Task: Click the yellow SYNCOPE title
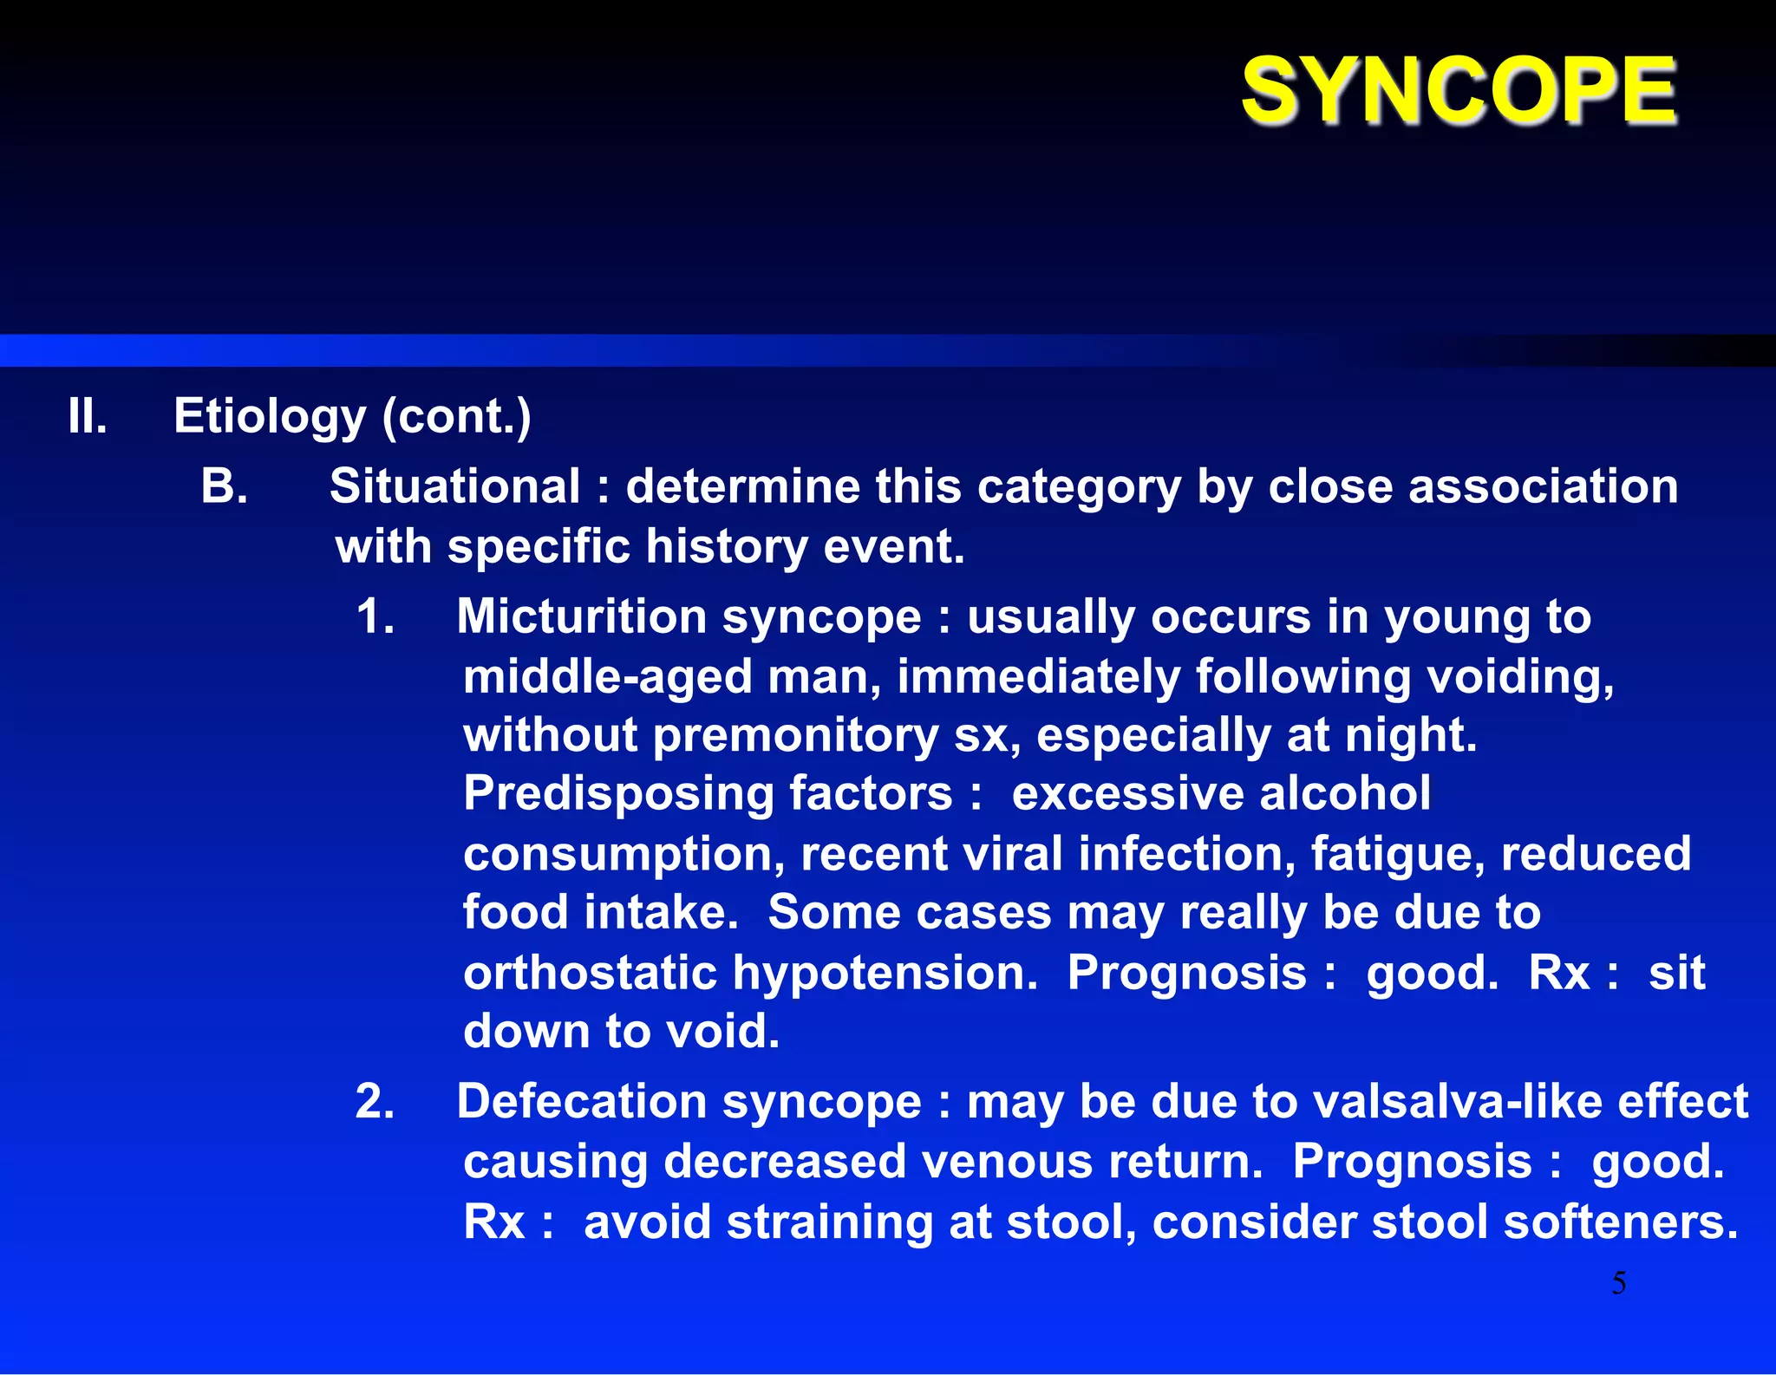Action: (x=1459, y=90)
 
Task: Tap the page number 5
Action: (x=1618, y=1283)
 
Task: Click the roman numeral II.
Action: (x=88, y=416)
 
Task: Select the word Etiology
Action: (x=270, y=418)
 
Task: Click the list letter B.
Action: (x=224, y=486)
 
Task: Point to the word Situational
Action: (x=454, y=486)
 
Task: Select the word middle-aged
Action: (x=607, y=677)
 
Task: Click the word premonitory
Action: (x=795, y=736)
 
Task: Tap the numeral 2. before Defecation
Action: (x=375, y=1103)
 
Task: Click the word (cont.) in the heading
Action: (x=456, y=418)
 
